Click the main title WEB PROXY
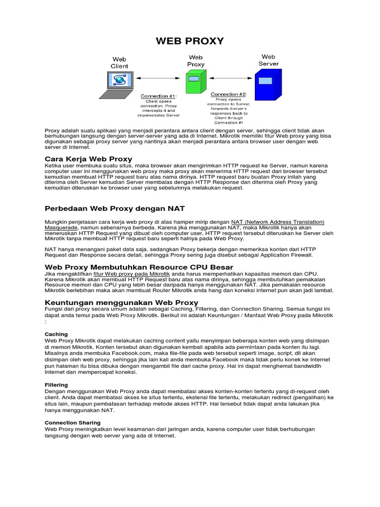click(x=190, y=41)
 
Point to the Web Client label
click(x=119, y=62)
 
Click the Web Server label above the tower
click(x=268, y=60)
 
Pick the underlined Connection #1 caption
click(x=158, y=96)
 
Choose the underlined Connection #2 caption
click(x=229, y=94)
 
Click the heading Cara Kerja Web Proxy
click(x=89, y=158)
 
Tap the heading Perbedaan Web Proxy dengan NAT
click(x=115, y=208)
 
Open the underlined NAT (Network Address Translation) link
click(x=278, y=222)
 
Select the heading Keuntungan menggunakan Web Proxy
click(x=122, y=302)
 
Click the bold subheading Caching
click(x=56, y=334)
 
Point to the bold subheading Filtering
click(x=56, y=385)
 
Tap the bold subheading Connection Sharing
click(x=72, y=422)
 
